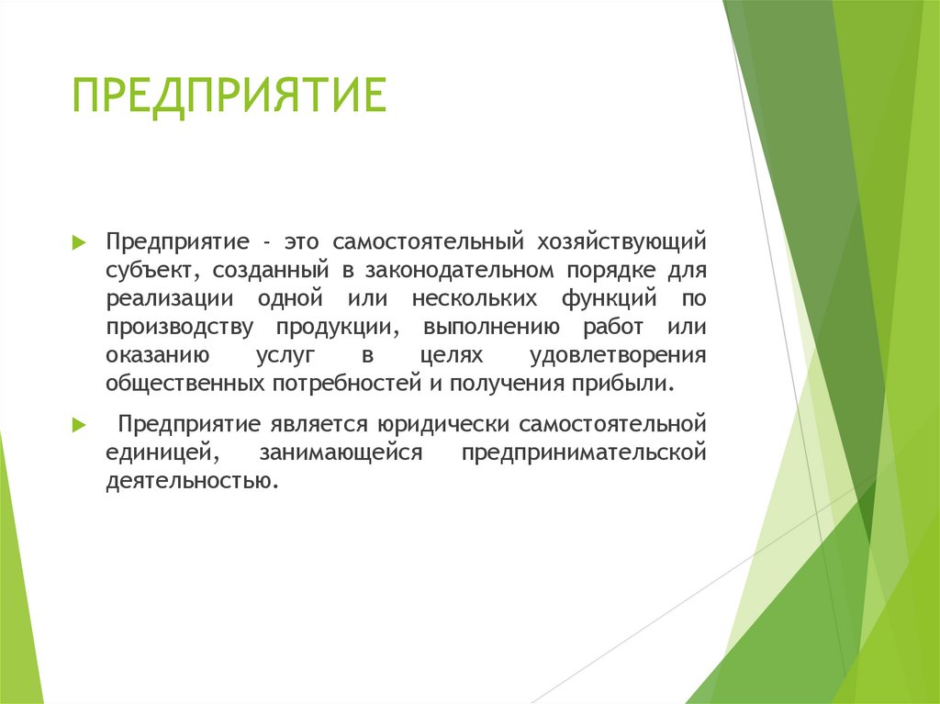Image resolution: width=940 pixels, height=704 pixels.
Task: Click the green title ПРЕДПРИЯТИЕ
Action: pyautogui.click(x=229, y=96)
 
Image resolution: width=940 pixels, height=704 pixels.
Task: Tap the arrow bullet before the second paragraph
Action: pyautogui.click(x=79, y=425)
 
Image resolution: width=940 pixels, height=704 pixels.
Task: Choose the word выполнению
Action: pyautogui.click(x=486, y=328)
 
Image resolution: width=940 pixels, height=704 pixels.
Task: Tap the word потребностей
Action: pyautogui.click(x=345, y=383)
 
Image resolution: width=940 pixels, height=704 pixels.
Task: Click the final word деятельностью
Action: pyautogui.click(x=190, y=481)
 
